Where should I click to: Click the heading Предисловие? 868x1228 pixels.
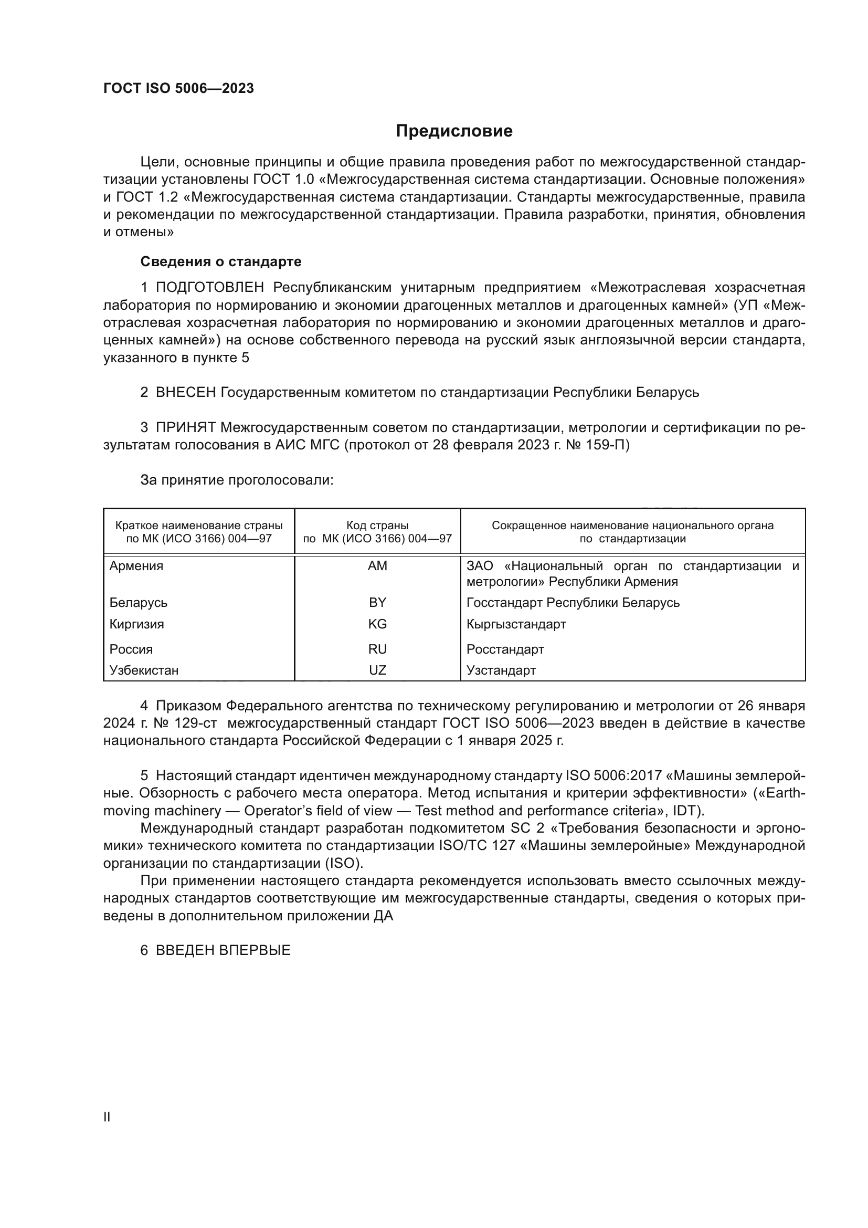[x=454, y=131]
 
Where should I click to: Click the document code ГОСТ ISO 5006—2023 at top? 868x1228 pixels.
[x=178, y=89]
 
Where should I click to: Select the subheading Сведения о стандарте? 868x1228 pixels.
[x=221, y=261]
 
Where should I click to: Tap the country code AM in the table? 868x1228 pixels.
[x=377, y=566]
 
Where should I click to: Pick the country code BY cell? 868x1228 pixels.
[x=377, y=603]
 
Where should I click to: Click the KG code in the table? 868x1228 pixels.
[x=377, y=624]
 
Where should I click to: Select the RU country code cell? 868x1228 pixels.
[x=377, y=649]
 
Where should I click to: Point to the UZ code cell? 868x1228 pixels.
[x=377, y=670]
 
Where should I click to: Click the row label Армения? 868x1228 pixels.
[x=136, y=566]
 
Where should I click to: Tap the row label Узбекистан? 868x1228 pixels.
[x=144, y=670]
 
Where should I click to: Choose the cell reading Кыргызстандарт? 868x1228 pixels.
[x=516, y=624]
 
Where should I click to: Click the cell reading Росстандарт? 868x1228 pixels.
[x=505, y=649]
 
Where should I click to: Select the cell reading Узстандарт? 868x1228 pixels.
[x=501, y=670]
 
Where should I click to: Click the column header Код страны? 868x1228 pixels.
[x=377, y=526]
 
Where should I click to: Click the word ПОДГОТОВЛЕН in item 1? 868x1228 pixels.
[x=209, y=288]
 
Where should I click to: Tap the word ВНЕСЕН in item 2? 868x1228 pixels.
[x=185, y=393]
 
